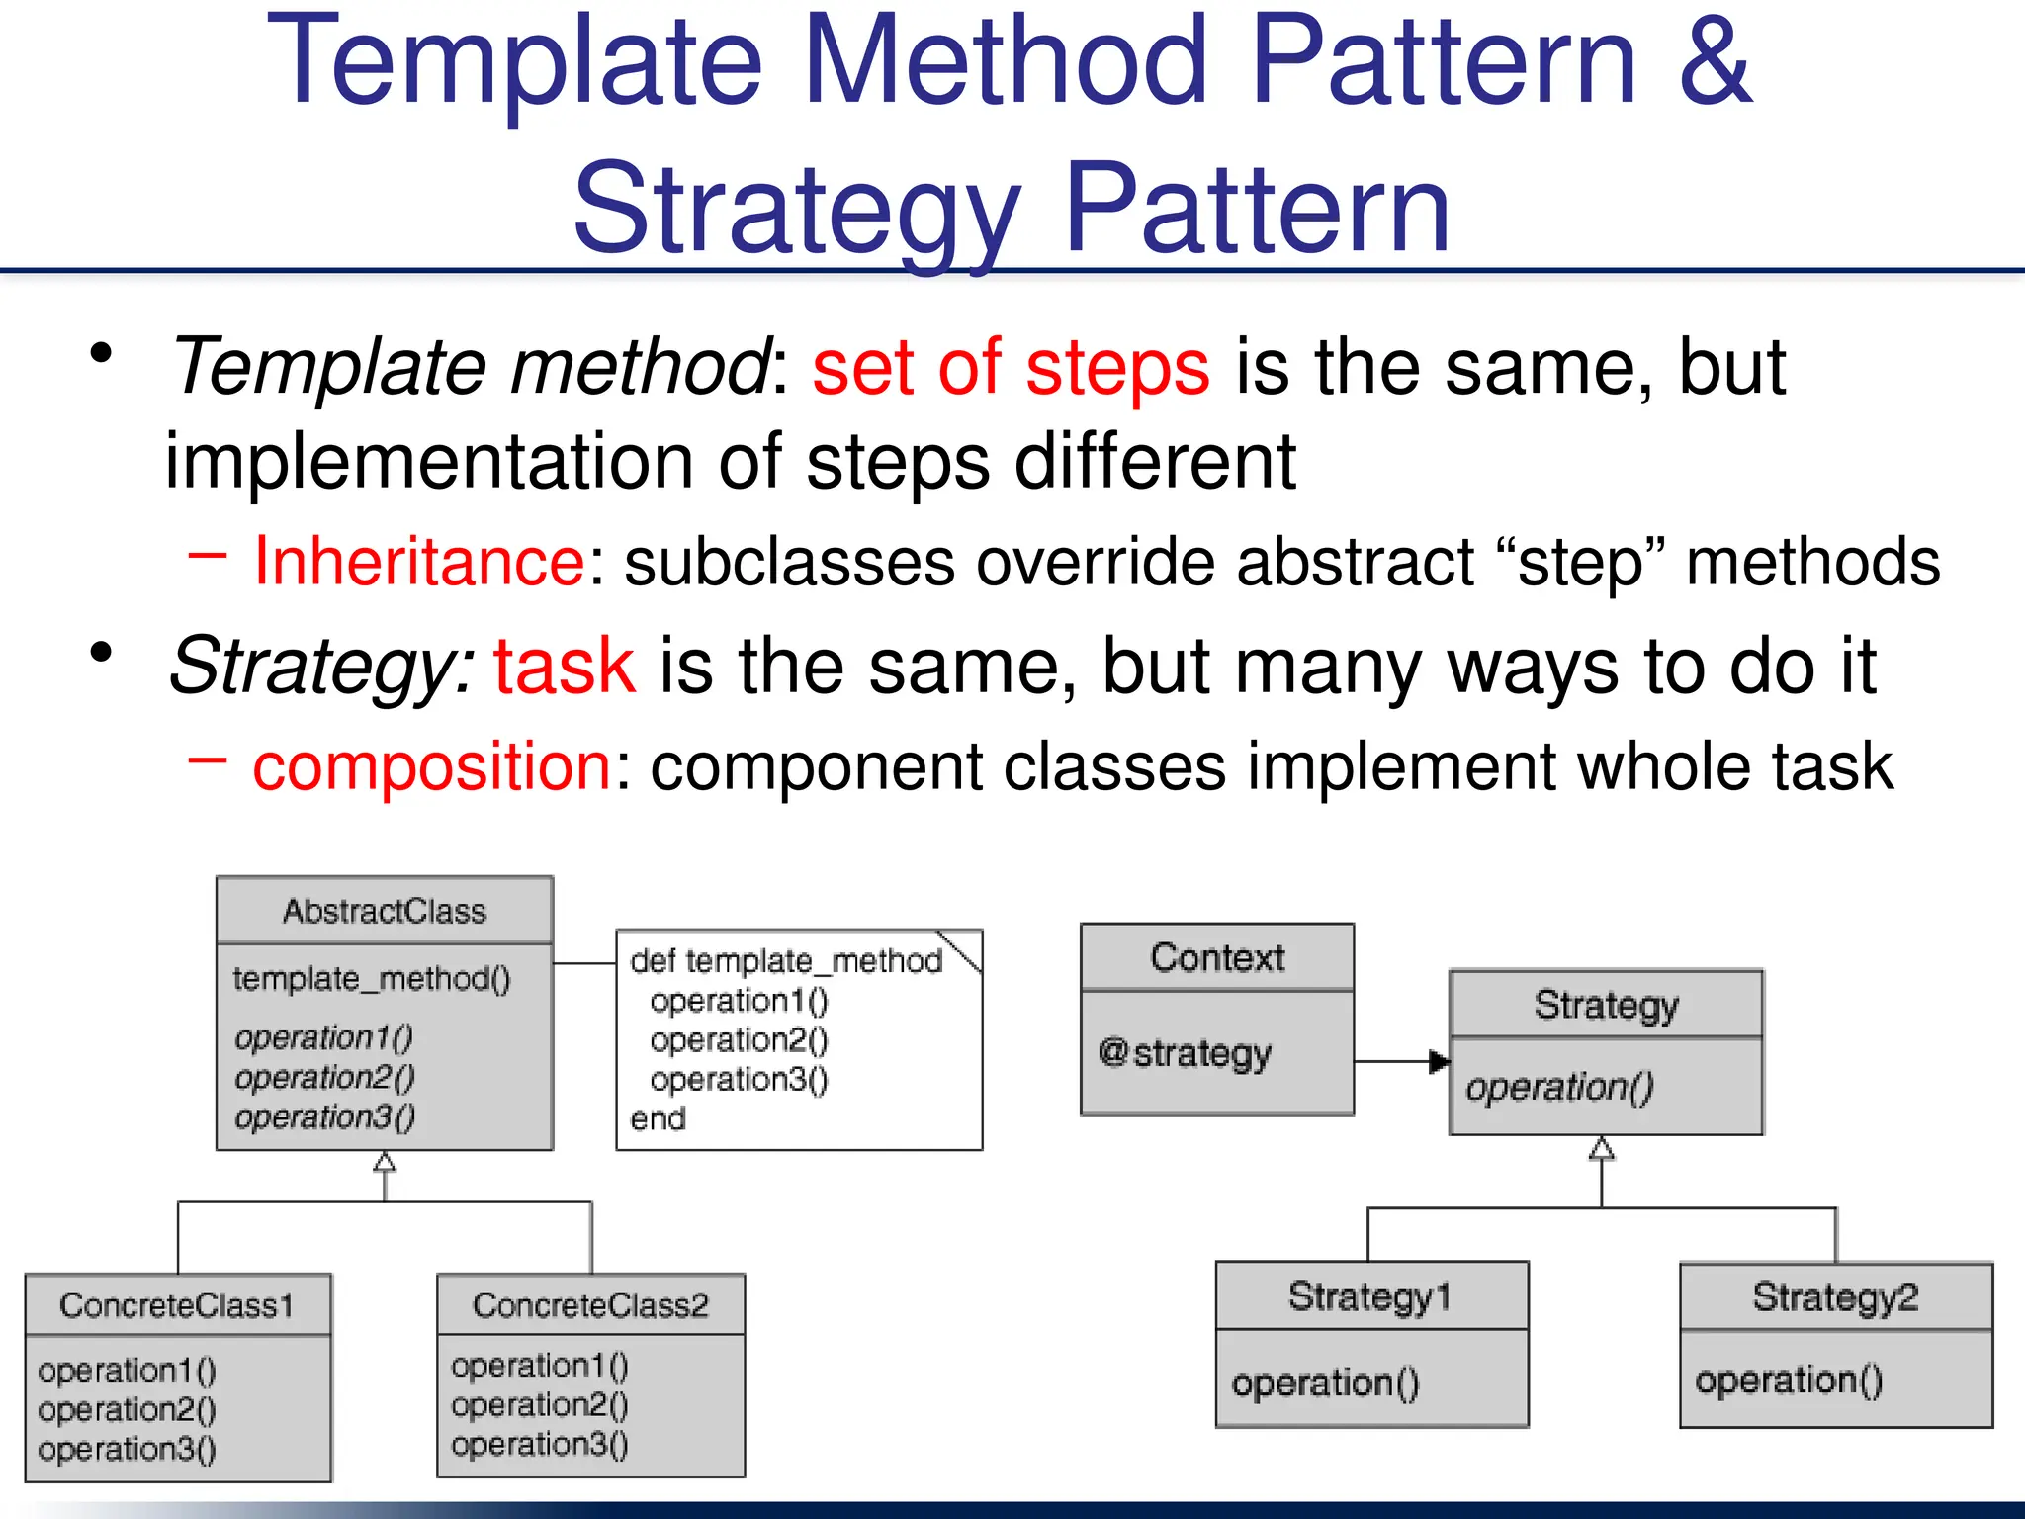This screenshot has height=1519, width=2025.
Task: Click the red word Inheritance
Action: pyautogui.click(x=419, y=562)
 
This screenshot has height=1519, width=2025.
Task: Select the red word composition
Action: pyautogui.click(x=432, y=766)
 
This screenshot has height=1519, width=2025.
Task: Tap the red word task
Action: pyautogui.click(x=565, y=667)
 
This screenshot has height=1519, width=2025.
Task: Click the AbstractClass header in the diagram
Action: pyautogui.click(x=385, y=911)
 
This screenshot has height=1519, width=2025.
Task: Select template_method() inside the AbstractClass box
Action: pyautogui.click(x=372, y=979)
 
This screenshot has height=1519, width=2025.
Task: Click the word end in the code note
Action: pyautogui.click(x=658, y=1119)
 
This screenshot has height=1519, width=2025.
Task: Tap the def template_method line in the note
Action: pyautogui.click(x=786, y=961)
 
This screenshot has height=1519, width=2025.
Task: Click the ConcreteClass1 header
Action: pyautogui.click(x=177, y=1305)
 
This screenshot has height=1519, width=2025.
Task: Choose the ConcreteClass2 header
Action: pyautogui.click(x=590, y=1305)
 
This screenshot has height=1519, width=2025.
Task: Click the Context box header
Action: pyautogui.click(x=1217, y=957)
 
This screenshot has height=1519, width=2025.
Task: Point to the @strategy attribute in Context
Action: pyautogui.click(x=1185, y=1053)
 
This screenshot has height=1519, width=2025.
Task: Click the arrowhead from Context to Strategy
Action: pyautogui.click(x=1439, y=1063)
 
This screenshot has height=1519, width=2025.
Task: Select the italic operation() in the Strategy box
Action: pyautogui.click(x=1559, y=1088)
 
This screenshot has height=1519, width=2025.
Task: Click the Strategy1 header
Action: pyautogui.click(x=1370, y=1296)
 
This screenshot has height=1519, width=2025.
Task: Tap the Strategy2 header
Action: pyautogui.click(x=1835, y=1296)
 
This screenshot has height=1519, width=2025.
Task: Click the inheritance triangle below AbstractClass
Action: pyautogui.click(x=385, y=1162)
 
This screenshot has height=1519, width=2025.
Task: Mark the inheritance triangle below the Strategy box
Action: pyautogui.click(x=1602, y=1148)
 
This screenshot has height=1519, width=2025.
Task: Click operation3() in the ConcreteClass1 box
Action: pyautogui.click(x=127, y=1450)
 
